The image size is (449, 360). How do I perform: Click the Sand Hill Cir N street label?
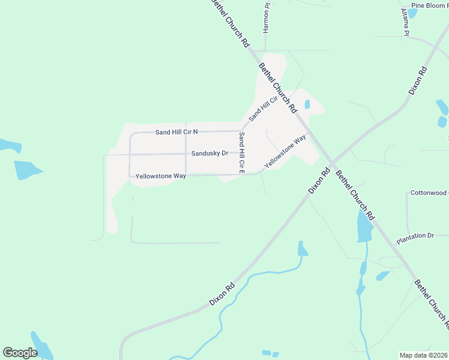(176, 131)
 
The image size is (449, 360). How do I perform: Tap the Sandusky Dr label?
(209, 153)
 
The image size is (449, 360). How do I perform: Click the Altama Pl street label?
(405, 22)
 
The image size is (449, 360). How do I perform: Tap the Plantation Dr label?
(415, 236)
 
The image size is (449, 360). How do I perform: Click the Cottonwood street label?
(429, 193)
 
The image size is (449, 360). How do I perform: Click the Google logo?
(20, 353)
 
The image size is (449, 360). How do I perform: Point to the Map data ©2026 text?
(423, 355)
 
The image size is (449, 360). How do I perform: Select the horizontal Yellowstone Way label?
(160, 176)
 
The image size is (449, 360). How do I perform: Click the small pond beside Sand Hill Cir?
(307, 104)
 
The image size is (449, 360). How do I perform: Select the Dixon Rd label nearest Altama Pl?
(418, 80)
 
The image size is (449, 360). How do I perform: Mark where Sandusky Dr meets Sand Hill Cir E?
(242, 154)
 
